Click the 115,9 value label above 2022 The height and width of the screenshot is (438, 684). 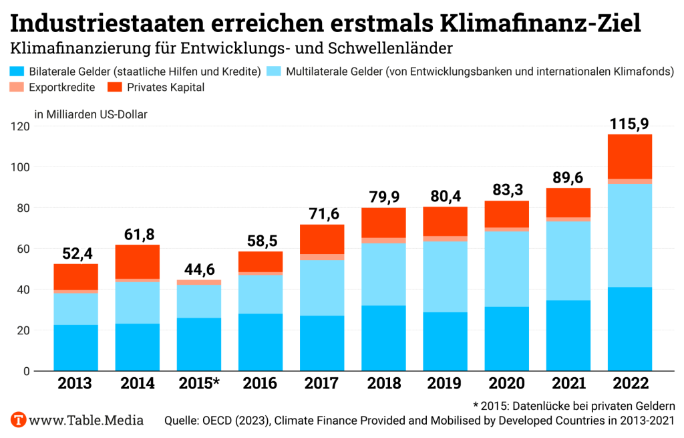pos(629,124)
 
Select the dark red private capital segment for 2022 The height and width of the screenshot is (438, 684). pos(629,156)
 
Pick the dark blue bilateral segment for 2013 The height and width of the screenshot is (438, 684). pos(75,348)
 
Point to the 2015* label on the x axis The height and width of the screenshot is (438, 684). pos(198,384)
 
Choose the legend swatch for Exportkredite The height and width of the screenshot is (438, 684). pos(17,87)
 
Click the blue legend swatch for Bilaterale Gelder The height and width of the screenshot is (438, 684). pos(17,71)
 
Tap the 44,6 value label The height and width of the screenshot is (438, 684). pos(198,269)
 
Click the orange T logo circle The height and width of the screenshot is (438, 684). pos(19,421)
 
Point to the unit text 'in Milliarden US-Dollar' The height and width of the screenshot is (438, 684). pos(90,114)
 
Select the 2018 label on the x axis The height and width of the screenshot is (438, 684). pos(383,384)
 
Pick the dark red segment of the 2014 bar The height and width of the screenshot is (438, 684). pos(137,261)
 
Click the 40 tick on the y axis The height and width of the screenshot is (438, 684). pos(22,290)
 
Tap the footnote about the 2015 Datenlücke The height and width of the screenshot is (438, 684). pos(574,405)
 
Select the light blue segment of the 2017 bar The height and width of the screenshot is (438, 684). pos(322,288)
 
